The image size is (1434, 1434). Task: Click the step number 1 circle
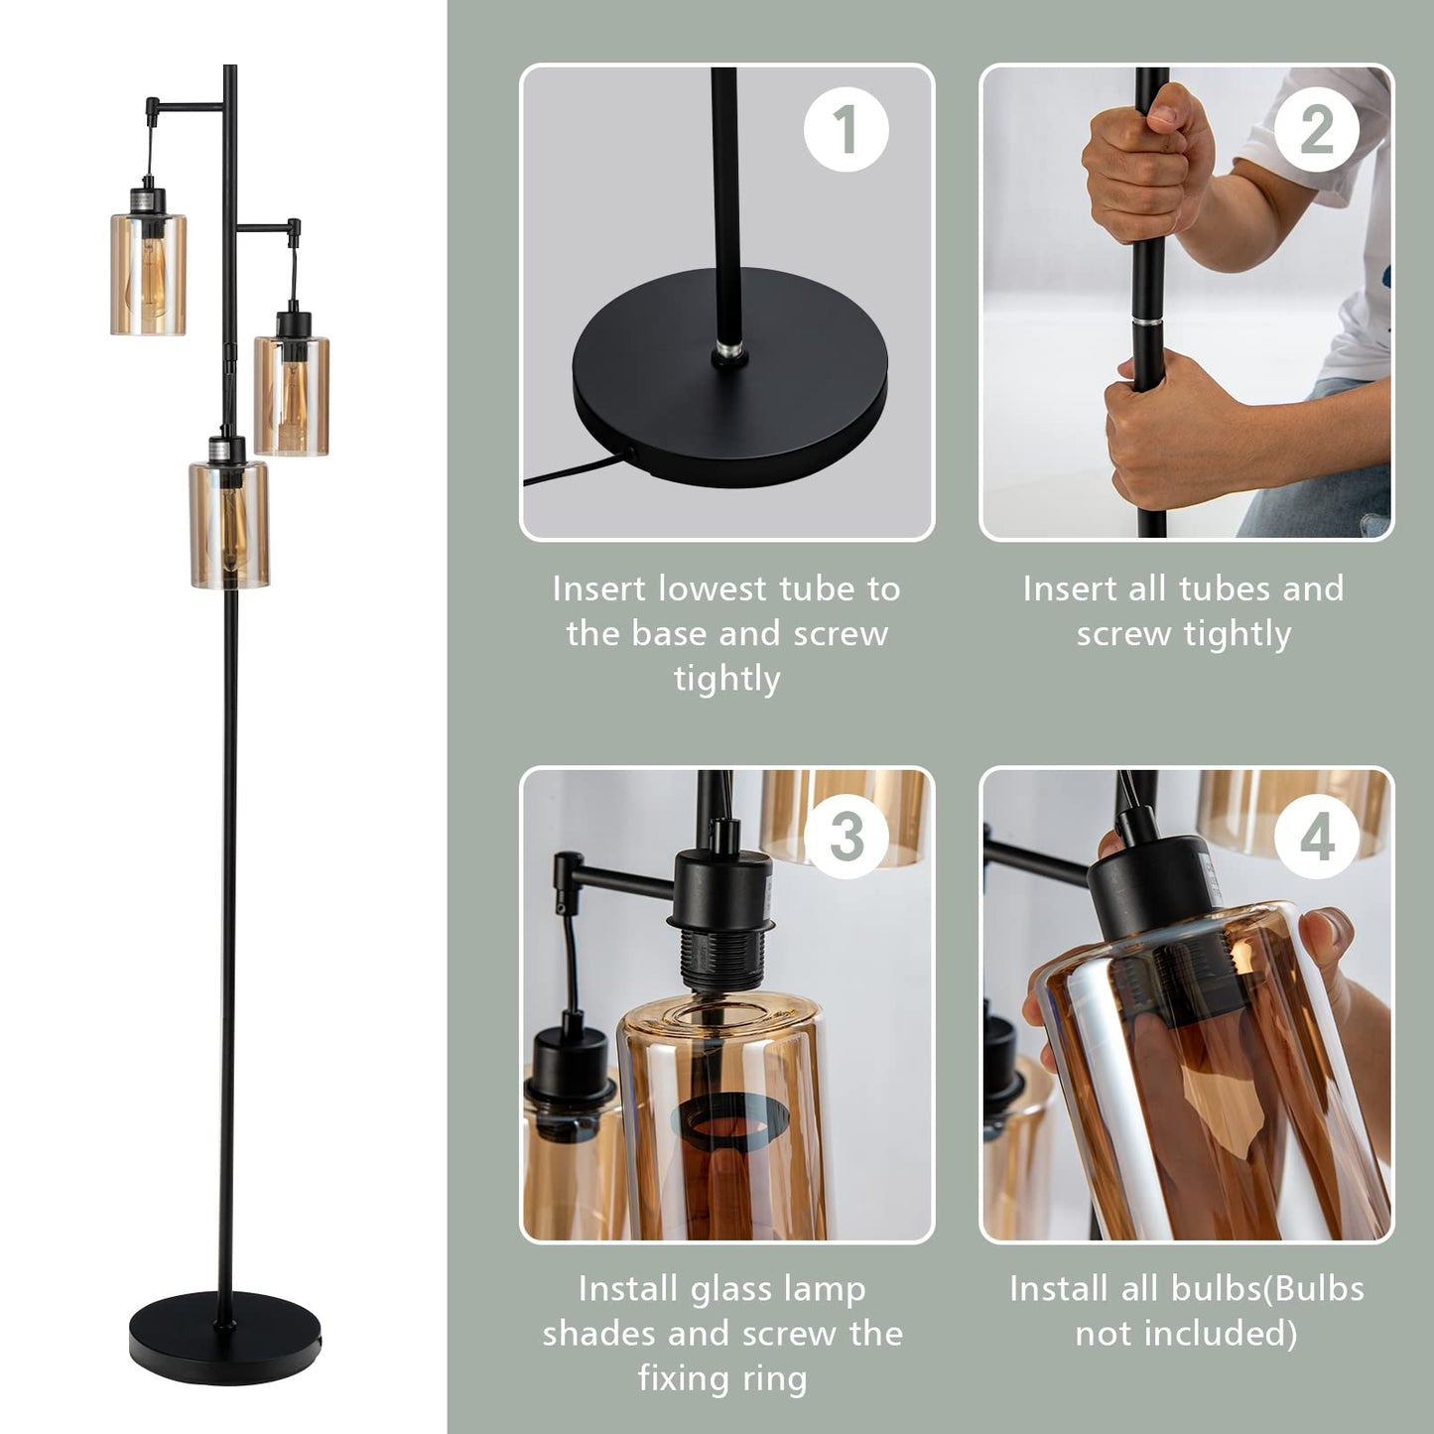point(846,130)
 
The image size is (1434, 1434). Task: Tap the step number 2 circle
point(1316,130)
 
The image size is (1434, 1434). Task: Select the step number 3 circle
point(846,836)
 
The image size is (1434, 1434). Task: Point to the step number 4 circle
point(1316,836)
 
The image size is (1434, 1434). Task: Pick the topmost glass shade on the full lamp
point(148,273)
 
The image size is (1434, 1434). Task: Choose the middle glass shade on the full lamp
point(291,395)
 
